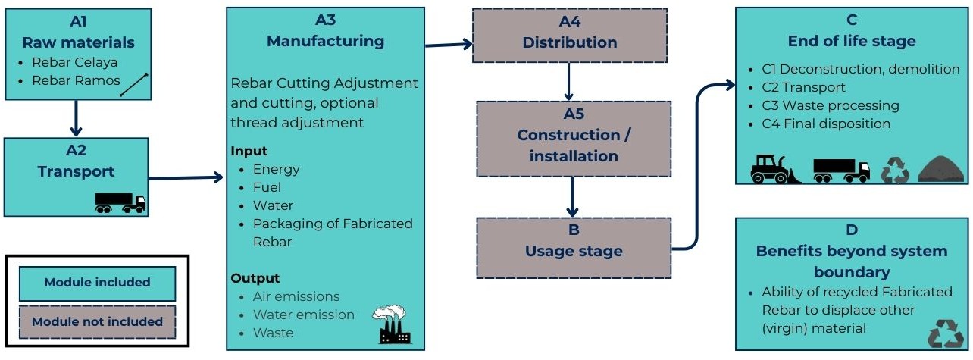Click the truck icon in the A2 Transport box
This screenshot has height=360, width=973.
pos(120,202)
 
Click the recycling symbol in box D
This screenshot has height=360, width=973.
pos(945,333)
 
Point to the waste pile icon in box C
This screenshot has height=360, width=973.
pos(940,171)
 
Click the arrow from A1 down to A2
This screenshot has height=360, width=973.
pos(75,118)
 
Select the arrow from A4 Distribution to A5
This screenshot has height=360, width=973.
pos(568,81)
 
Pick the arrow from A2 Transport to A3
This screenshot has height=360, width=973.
pos(186,179)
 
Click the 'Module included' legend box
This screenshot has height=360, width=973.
pos(97,283)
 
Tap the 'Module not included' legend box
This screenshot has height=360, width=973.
pos(97,321)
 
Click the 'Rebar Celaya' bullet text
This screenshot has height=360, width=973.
pos(74,62)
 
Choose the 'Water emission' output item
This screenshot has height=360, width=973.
pos(303,315)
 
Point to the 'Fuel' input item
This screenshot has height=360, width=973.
pos(267,187)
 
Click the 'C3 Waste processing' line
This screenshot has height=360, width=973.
pos(831,105)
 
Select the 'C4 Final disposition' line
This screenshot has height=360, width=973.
pos(826,124)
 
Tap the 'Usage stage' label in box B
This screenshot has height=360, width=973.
pos(574,251)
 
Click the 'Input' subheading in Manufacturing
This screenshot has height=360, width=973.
pos(249,151)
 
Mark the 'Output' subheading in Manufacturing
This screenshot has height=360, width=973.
pos(255,278)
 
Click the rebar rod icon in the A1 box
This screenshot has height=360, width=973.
pos(133,84)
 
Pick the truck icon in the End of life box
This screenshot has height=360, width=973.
pos(841,171)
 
